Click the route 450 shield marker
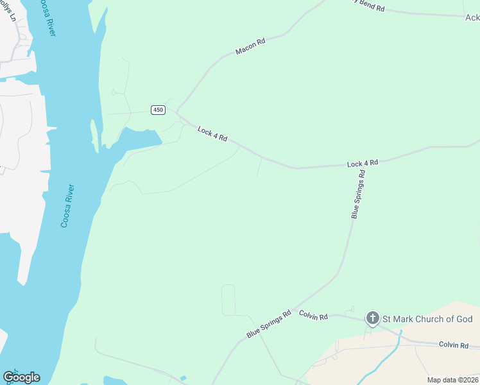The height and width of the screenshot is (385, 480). [x=158, y=110]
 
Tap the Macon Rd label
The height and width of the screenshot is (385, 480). [x=250, y=46]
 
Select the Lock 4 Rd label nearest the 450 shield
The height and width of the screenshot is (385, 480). [x=212, y=134]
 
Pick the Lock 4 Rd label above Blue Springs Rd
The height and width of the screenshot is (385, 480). [x=363, y=164]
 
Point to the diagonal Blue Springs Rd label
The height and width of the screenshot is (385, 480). [x=269, y=321]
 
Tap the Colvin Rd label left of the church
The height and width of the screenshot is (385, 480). [x=314, y=315]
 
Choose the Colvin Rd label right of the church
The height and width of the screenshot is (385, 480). [x=454, y=345]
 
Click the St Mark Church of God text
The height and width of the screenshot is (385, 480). [x=427, y=319]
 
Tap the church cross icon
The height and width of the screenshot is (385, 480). [x=372, y=318]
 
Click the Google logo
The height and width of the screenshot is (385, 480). [x=21, y=377]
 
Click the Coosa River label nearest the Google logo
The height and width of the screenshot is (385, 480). [x=68, y=206]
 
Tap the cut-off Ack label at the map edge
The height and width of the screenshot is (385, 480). [x=472, y=18]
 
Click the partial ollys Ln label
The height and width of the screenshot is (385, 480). [x=9, y=11]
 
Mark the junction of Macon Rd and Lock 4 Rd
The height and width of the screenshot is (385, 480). [x=177, y=113]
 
